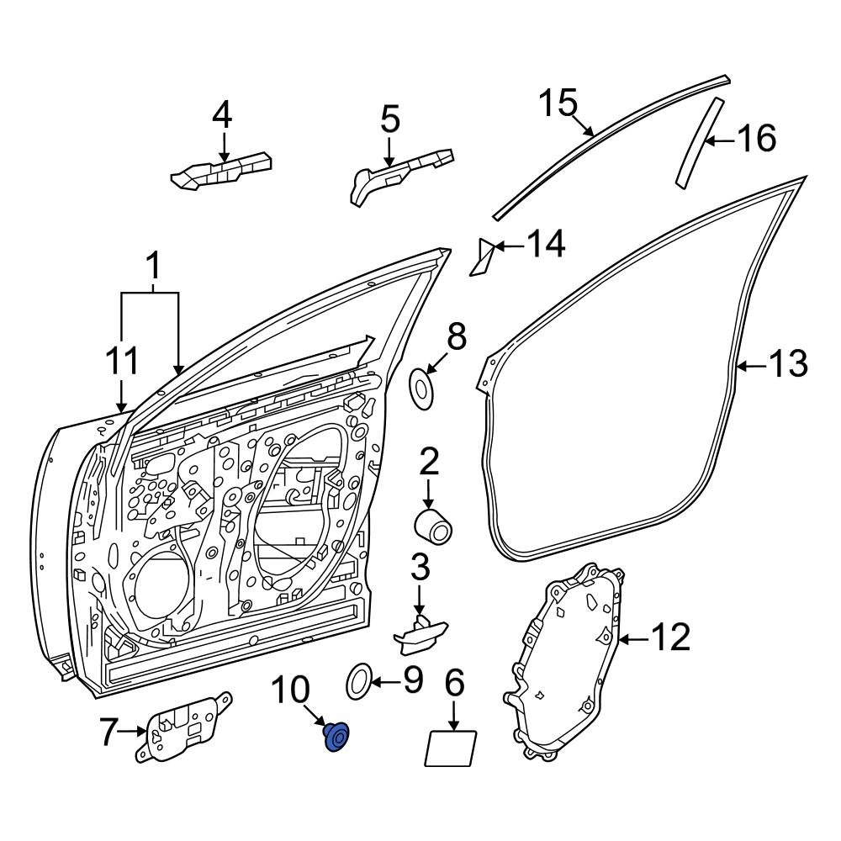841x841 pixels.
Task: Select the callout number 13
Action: [788, 364]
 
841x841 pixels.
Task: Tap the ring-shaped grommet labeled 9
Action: [360, 680]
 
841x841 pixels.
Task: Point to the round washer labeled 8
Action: [422, 387]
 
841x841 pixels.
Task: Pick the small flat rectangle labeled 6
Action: [452, 748]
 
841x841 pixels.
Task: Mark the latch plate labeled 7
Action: [185, 727]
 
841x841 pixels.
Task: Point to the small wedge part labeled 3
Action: [418, 632]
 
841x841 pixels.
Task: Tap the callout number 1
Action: [152, 267]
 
